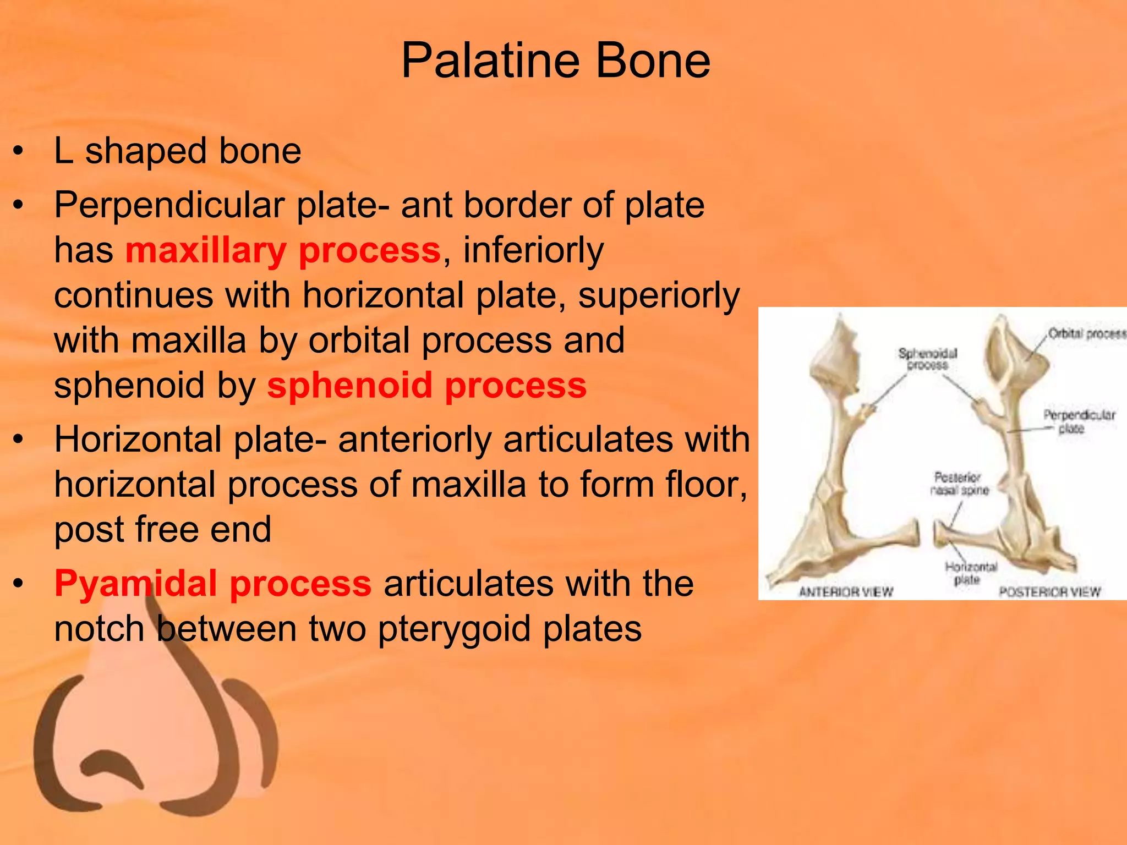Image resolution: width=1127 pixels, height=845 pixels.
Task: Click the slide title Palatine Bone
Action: point(556,61)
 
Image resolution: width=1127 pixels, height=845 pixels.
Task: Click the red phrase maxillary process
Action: point(283,250)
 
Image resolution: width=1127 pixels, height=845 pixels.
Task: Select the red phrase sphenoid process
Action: point(426,385)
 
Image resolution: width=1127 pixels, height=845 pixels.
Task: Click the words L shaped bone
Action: point(177,151)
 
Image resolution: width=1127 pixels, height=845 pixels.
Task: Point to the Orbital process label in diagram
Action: point(1086,333)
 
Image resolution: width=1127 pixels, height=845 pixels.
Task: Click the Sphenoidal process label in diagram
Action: point(928,359)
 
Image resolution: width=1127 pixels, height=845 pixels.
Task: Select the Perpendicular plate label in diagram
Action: point(1079,421)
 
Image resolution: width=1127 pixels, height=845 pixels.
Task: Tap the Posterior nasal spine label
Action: point(959,484)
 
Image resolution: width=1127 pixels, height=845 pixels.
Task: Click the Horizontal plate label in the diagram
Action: point(971,573)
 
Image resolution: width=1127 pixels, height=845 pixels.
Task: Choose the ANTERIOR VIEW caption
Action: point(846,592)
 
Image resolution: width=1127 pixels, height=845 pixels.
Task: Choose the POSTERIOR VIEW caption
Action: point(1049,592)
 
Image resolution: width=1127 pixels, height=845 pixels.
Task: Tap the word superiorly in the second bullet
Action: point(659,295)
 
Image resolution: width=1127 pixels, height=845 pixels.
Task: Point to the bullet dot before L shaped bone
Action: point(19,151)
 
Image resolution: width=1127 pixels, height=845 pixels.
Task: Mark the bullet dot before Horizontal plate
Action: point(19,440)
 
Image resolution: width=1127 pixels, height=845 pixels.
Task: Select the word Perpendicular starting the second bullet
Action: point(169,205)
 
